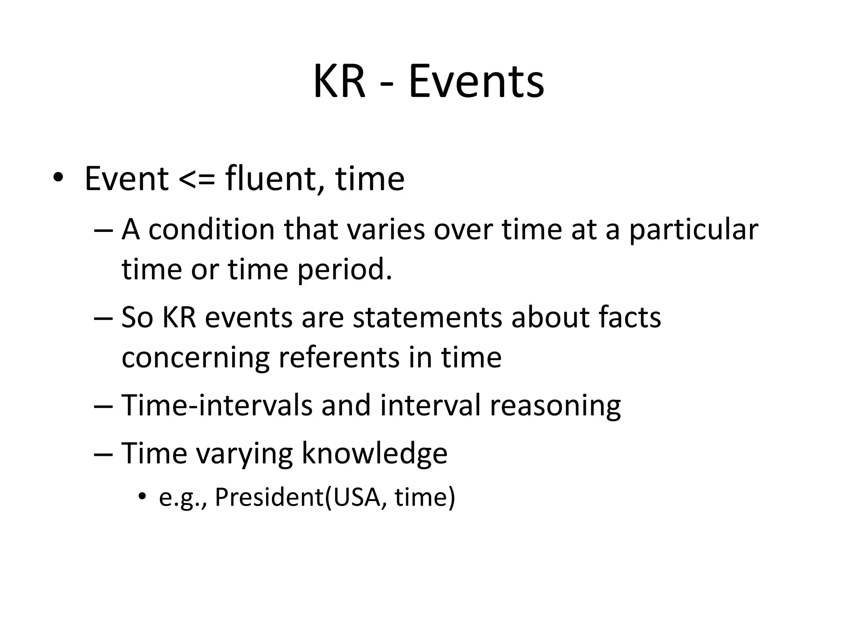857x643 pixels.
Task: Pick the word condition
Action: [211, 230]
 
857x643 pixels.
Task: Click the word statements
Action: [427, 317]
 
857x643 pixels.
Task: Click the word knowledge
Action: [374, 453]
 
